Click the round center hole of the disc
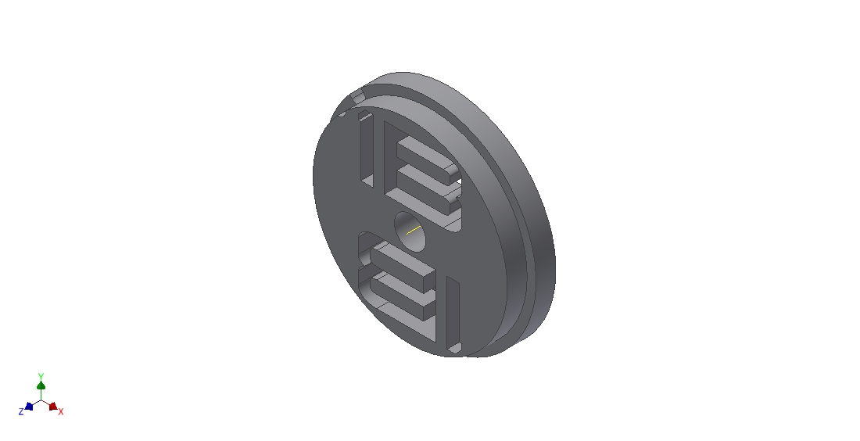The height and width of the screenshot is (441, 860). [410, 231]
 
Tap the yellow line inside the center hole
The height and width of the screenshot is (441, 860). [414, 230]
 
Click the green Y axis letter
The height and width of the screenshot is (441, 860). [41, 376]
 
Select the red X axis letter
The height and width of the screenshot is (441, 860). [61, 411]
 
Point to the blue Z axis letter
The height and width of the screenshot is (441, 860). [21, 411]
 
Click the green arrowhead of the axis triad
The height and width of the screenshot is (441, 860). [41, 385]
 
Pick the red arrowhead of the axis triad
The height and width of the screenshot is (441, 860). [52, 407]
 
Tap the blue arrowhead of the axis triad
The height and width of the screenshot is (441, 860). [29, 407]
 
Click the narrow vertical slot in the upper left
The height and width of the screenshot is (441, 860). [367, 149]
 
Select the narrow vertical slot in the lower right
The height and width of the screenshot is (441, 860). [453, 315]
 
